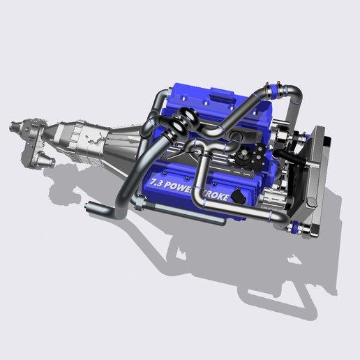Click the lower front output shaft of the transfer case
click(x=49, y=163)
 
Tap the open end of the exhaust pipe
click(x=91, y=208)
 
